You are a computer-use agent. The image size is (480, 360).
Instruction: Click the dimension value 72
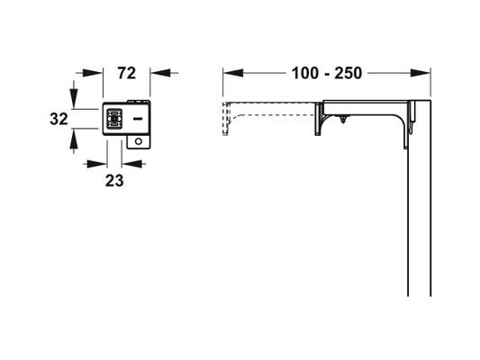pos(126,74)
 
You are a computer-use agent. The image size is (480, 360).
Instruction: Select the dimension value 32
pos(59,119)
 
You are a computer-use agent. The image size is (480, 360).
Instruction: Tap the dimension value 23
pos(114,181)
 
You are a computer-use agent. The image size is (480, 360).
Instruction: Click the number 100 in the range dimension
pos(305,74)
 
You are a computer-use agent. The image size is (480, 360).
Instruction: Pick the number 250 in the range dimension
pos(348,74)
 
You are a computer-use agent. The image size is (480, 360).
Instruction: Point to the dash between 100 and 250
pos(326,75)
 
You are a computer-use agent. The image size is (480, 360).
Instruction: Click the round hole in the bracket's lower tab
pos(139,141)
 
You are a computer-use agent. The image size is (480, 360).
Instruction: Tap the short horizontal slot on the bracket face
pos(138,119)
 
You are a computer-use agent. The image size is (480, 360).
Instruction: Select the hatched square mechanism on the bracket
pos(114,119)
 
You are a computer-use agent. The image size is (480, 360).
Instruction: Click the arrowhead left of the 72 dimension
pos(93,73)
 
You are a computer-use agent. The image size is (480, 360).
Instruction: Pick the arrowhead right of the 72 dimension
pos(159,73)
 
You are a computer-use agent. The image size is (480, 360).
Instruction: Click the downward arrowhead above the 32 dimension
pos(74,98)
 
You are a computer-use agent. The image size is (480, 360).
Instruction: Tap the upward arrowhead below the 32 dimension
pos(74,139)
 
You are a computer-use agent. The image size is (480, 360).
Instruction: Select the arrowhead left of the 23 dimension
pos(97,164)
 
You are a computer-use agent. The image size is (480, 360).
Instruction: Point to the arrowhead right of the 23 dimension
pos(131,164)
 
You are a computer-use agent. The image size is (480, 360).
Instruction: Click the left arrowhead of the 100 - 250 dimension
pos(233,73)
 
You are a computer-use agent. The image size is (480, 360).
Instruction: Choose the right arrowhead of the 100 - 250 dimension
pos(421,73)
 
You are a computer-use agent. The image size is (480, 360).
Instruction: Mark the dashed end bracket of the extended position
pos(226,119)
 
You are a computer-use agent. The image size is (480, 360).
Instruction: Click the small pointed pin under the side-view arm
pos(344,119)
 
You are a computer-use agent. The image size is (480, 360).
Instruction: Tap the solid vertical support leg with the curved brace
pos(319,120)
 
